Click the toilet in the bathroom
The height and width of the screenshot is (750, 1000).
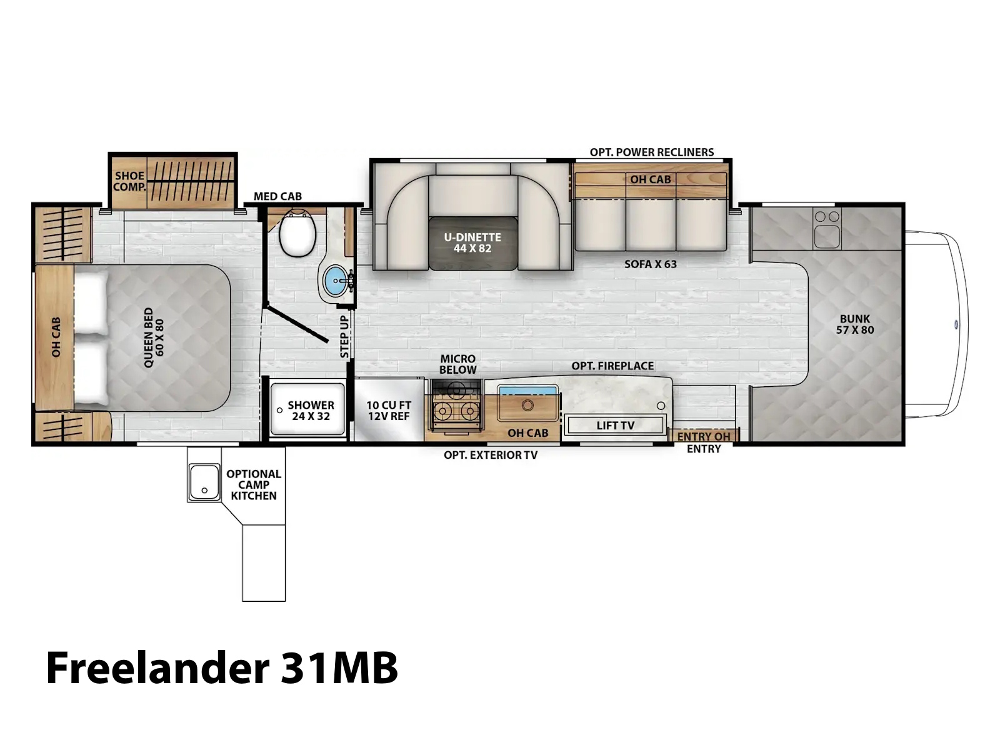pyautogui.click(x=297, y=232)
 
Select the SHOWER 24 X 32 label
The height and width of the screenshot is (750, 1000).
pyautogui.click(x=311, y=410)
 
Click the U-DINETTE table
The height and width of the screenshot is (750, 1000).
pyautogui.click(x=472, y=243)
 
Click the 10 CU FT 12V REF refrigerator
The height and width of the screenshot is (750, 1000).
pyautogui.click(x=389, y=410)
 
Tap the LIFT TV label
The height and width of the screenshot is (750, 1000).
pyautogui.click(x=616, y=426)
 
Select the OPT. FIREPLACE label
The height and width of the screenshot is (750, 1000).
pyautogui.click(x=612, y=366)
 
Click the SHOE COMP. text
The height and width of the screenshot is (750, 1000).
pyautogui.click(x=130, y=181)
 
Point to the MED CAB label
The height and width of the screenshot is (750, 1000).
pyautogui.click(x=277, y=196)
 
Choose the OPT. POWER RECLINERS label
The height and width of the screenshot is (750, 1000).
pyautogui.click(x=651, y=152)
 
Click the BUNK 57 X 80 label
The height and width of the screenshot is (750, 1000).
pyautogui.click(x=854, y=324)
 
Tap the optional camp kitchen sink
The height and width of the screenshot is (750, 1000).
pyautogui.click(x=204, y=482)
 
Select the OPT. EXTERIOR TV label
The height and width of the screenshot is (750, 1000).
pyautogui.click(x=491, y=455)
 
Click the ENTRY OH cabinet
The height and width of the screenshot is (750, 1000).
pyautogui.click(x=703, y=436)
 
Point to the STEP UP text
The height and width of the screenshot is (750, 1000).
pyautogui.click(x=344, y=336)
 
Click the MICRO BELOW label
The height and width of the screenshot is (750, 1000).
pyautogui.click(x=458, y=364)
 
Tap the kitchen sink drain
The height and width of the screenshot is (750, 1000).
pyautogui.click(x=527, y=405)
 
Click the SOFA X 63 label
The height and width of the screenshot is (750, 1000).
pyautogui.click(x=651, y=264)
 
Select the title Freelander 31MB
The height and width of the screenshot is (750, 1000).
pyautogui.click(x=222, y=667)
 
